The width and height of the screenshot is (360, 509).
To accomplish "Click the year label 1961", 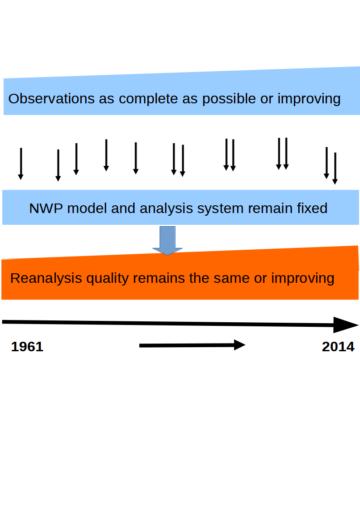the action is (x=27, y=347).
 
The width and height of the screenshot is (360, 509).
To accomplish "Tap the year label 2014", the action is (x=338, y=347).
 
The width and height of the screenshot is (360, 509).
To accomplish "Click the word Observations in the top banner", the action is (x=52, y=99).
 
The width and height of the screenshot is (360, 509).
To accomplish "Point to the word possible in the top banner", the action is (x=229, y=99).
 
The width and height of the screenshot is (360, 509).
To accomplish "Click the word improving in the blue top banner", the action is (x=309, y=99).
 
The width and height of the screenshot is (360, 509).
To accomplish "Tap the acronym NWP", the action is (x=46, y=208).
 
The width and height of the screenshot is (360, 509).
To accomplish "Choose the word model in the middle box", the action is (x=87, y=208).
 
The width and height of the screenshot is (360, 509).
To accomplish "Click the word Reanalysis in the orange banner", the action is (x=46, y=278).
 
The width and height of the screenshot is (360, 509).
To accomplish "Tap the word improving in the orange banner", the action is (x=302, y=278).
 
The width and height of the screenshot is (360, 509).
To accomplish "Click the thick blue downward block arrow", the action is (x=167, y=241).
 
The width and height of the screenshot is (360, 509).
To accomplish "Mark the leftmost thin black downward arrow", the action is (x=21, y=164).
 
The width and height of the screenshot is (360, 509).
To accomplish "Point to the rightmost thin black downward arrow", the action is (x=335, y=169).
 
